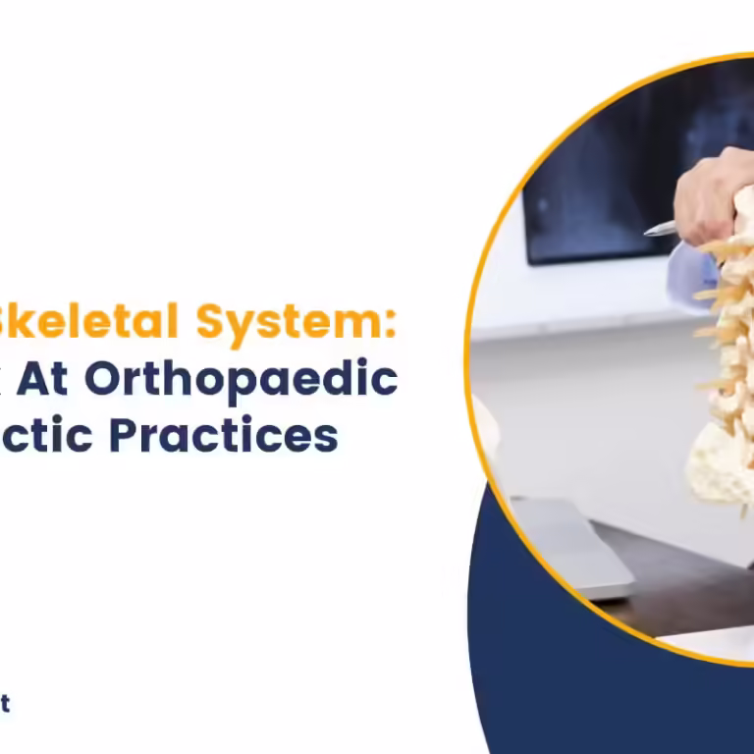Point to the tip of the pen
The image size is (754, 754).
click(x=647, y=233)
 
